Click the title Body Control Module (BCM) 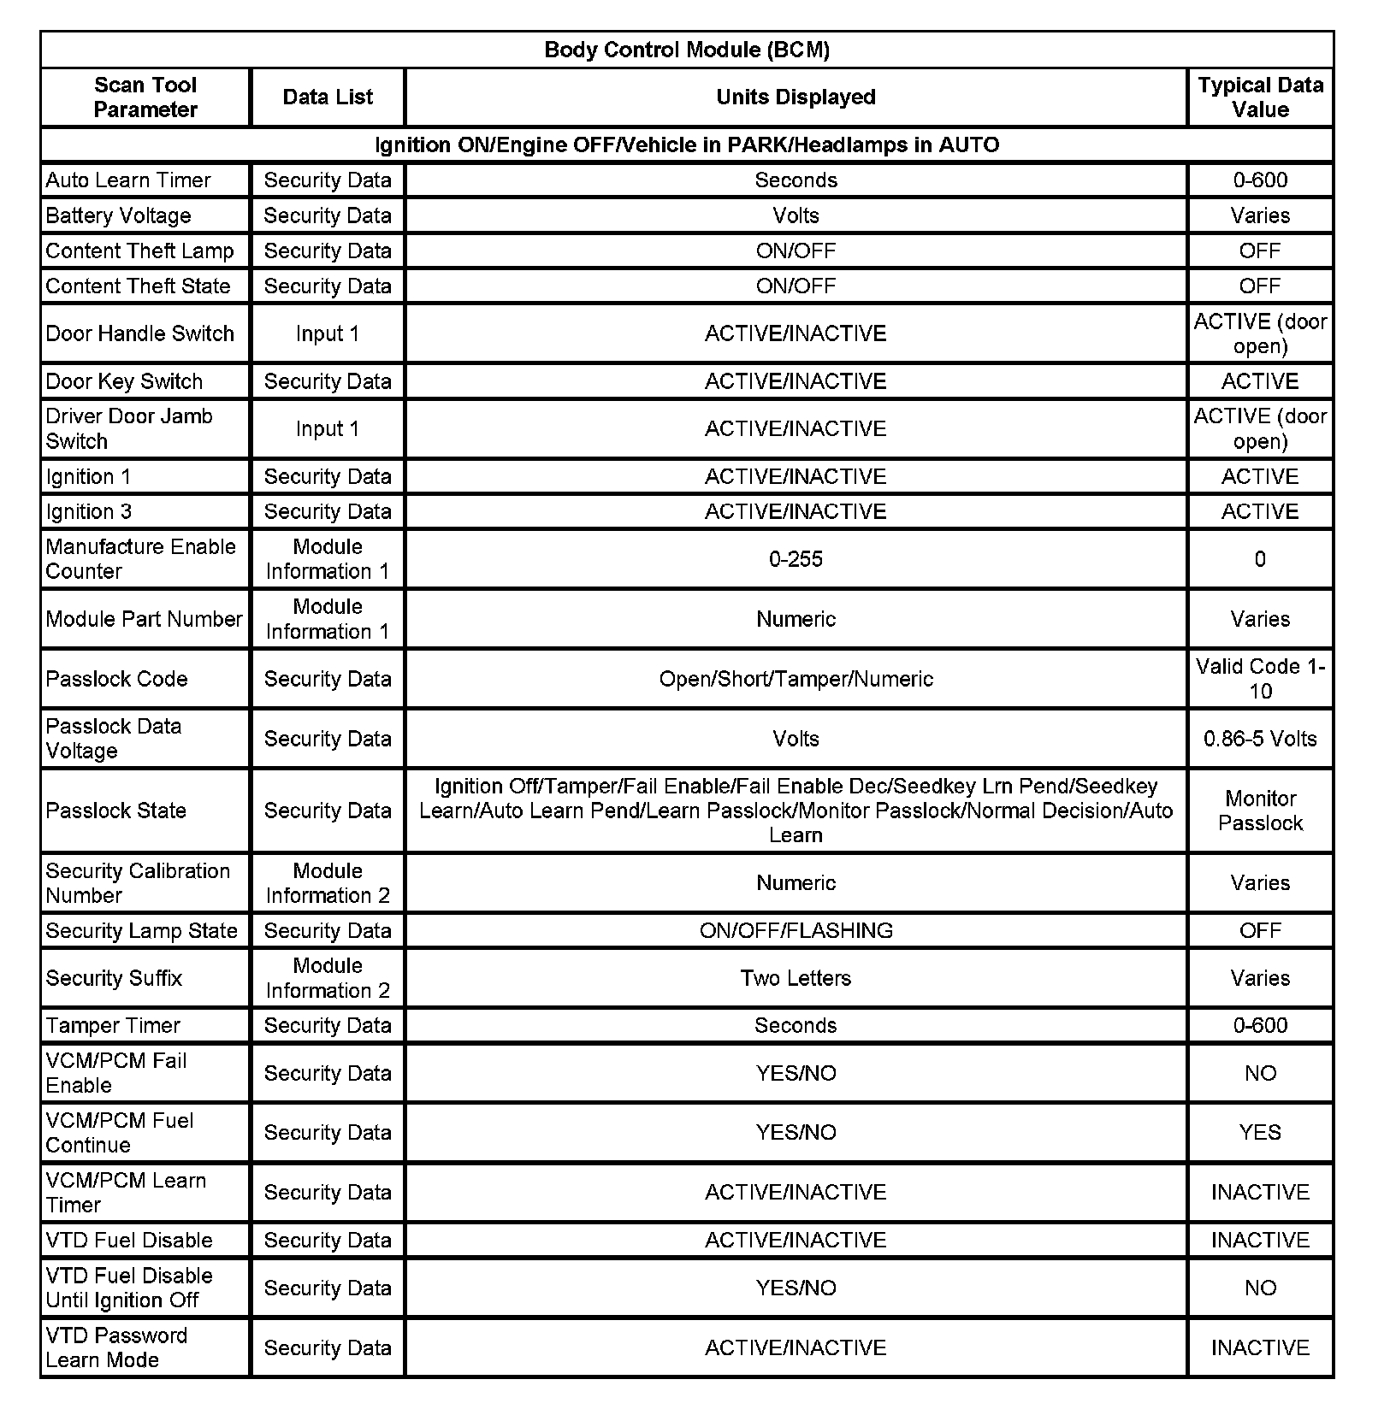(686, 50)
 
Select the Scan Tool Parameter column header (145, 97)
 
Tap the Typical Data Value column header (1259, 97)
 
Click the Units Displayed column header (796, 97)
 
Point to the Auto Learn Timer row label (128, 180)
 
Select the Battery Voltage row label (118, 215)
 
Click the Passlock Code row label (116, 679)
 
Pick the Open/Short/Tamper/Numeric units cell (796, 679)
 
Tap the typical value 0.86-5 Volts (1259, 739)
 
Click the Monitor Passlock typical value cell (1259, 811)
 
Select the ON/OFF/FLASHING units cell (796, 930)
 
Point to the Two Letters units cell (796, 978)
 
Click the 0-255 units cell (796, 559)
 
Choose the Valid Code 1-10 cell (1259, 679)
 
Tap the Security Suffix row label (114, 978)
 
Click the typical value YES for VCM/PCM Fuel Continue (1259, 1133)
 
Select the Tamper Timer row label (113, 1025)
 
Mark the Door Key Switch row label (124, 381)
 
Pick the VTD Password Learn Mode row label (116, 1347)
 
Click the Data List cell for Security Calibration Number (328, 883)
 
